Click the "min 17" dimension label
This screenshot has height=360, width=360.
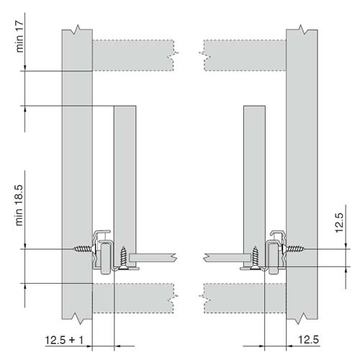(19, 37)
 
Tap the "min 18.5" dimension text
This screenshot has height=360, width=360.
(19, 205)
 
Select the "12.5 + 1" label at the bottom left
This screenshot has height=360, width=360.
(64, 340)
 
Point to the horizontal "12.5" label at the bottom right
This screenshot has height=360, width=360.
(308, 340)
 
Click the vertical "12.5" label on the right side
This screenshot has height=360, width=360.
(339, 222)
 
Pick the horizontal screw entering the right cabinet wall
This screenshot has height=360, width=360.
(294, 248)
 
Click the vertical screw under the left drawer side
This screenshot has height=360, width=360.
(124, 256)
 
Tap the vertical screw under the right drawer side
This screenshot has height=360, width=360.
(255, 257)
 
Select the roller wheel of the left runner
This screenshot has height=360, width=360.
(106, 258)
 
